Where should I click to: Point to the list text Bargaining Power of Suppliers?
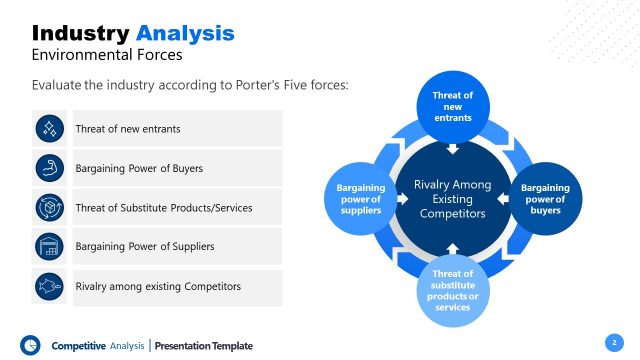click(144, 246)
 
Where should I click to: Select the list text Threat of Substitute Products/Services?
click(163, 207)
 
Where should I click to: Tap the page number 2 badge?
click(612, 342)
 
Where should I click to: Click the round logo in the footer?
click(30, 344)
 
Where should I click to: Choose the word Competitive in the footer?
click(78, 346)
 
